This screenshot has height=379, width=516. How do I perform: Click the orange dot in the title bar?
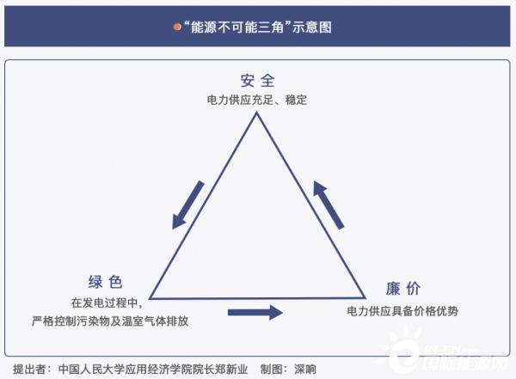[x=177, y=27]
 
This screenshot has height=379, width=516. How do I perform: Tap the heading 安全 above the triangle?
[x=257, y=81]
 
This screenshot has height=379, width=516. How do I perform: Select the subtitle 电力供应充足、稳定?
[x=257, y=100]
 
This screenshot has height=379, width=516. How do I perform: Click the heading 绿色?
[x=105, y=282]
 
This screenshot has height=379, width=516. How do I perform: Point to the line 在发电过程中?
[x=107, y=303]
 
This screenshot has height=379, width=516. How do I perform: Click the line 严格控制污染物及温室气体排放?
[x=110, y=321]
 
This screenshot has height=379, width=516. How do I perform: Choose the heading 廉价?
[x=402, y=289]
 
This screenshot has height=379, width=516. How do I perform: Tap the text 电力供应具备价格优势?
[x=402, y=311]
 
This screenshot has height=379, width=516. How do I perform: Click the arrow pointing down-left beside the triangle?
[x=187, y=205]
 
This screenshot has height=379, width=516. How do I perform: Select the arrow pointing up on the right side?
[x=329, y=205]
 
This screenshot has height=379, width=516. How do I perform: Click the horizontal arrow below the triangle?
[x=255, y=312]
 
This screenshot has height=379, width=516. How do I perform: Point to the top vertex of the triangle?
[x=256, y=113]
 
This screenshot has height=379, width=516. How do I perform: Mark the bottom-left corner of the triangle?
[x=150, y=299]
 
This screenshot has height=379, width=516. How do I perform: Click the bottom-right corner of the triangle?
[x=365, y=298]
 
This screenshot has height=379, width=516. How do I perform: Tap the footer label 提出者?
[x=29, y=370]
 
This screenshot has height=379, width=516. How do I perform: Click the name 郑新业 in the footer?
[x=231, y=370]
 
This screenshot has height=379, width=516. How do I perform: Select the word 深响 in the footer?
[x=305, y=370]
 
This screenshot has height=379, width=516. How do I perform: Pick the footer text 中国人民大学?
[x=86, y=370]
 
